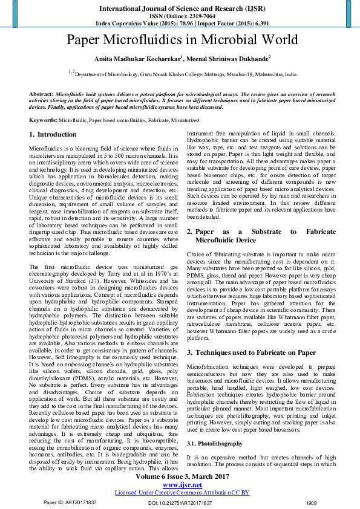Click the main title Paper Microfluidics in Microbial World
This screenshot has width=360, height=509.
click(x=182, y=40)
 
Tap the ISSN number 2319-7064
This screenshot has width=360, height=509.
click(x=195, y=16)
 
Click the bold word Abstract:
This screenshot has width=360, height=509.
click(x=41, y=96)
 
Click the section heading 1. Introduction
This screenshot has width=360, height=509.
click(x=53, y=135)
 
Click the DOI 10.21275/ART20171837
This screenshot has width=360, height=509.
click(x=182, y=502)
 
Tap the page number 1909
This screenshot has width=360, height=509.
click(x=311, y=502)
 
